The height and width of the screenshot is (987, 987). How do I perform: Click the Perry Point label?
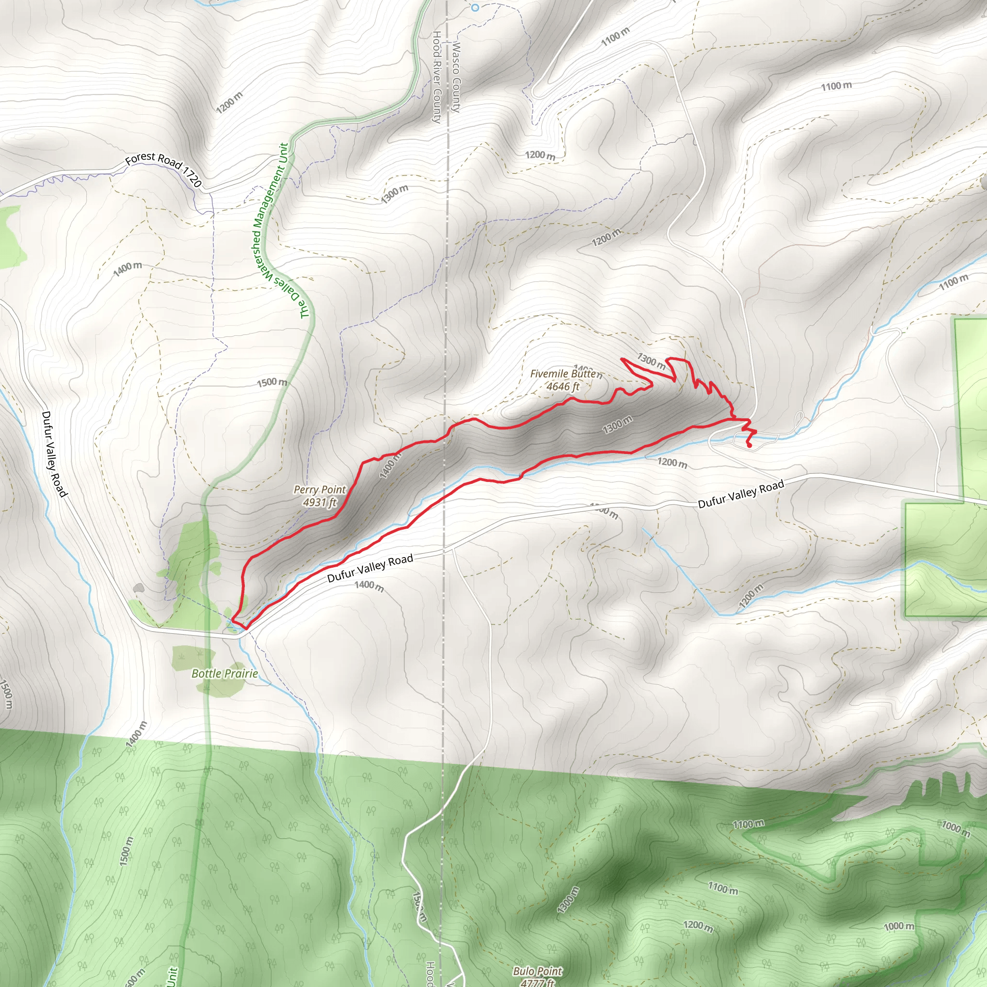[320, 490]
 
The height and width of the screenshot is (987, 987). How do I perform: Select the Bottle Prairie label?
[224, 674]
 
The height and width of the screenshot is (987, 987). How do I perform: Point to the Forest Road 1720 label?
[163, 169]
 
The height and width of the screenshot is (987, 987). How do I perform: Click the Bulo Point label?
[537, 971]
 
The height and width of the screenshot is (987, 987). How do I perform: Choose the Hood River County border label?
[437, 77]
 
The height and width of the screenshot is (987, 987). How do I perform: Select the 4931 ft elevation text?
[320, 503]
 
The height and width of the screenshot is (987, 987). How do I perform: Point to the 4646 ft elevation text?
[563, 387]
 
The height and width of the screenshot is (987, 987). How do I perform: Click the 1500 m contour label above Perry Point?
[272, 382]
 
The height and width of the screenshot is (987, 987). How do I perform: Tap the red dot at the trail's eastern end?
[749, 446]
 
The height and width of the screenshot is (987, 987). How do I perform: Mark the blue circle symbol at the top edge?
[475, 8]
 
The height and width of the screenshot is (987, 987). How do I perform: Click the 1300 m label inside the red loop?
[617, 425]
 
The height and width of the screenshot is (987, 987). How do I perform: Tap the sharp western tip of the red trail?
[232, 619]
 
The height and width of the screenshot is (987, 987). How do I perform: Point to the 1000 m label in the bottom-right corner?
[899, 926]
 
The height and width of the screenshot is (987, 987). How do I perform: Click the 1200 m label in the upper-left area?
[229, 103]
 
